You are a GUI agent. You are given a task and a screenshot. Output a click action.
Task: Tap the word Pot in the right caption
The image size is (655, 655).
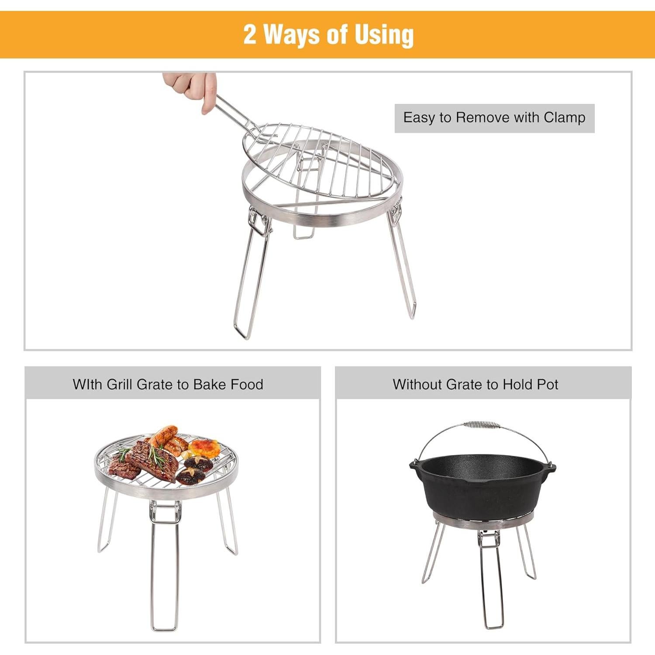tap(548, 384)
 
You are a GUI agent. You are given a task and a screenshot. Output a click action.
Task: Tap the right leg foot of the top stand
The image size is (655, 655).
tap(412, 312)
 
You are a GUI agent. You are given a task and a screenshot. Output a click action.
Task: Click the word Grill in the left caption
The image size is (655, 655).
tap(120, 384)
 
